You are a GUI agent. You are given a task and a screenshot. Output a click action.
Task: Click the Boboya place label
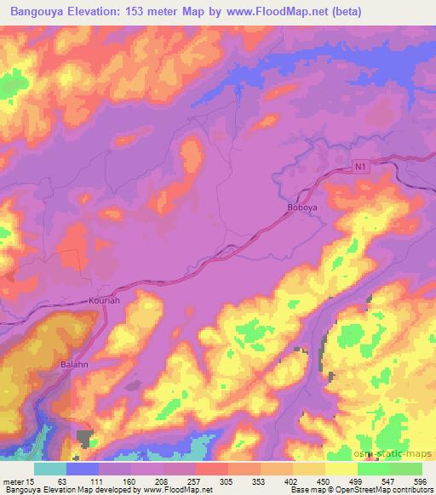click(301, 206)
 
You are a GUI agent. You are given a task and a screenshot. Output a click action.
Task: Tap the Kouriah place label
click(105, 300)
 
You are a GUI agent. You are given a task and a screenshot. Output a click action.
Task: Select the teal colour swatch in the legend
click(50, 469)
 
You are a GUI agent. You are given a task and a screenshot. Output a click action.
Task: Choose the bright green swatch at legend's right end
click(406, 469)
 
